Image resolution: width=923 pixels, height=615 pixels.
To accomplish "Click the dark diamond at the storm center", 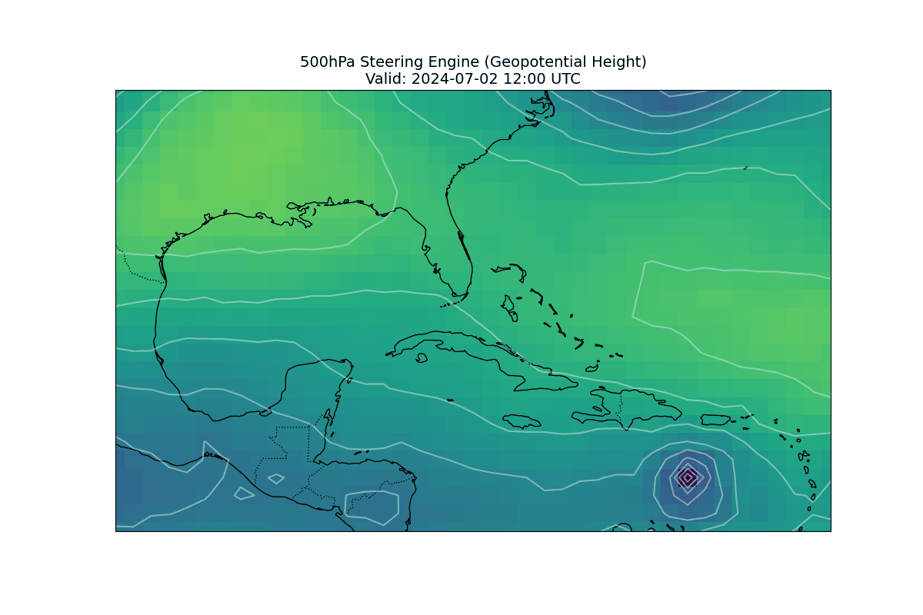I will (688, 477).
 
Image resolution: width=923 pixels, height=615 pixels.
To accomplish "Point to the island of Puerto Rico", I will (715, 420).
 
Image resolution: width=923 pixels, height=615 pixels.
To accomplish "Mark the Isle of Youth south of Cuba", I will (421, 358).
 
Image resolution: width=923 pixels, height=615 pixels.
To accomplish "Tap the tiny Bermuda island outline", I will (745, 168).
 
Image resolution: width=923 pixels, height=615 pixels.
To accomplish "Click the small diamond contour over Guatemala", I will (275, 479).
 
